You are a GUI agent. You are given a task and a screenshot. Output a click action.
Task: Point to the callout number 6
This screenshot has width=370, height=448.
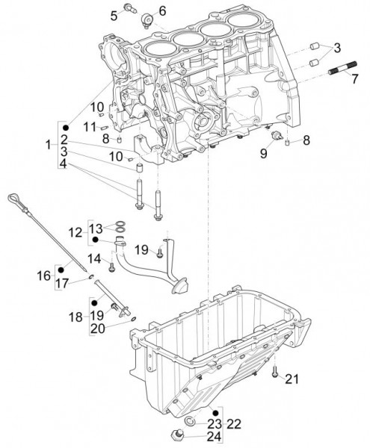pyautogui.click(x=162, y=10)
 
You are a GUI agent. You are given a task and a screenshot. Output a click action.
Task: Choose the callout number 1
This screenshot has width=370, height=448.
pyautogui.click(x=48, y=143)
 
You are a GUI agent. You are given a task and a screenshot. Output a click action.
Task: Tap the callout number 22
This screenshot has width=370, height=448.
pyautogui.click(x=233, y=423)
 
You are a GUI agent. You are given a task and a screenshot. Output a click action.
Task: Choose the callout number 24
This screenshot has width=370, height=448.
pyautogui.click(x=214, y=437)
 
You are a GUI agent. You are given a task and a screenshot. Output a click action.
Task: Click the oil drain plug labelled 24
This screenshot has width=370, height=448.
pyautogui.click(x=180, y=435)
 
